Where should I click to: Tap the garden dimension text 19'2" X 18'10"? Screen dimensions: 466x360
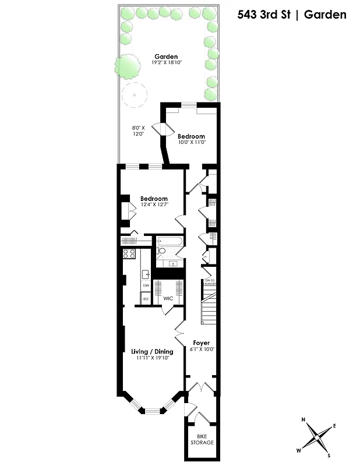click(150, 62)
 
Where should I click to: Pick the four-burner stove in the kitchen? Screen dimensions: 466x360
click(129, 253)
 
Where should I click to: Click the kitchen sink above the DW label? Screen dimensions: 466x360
click(146, 273)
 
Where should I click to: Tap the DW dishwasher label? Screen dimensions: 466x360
click(146, 285)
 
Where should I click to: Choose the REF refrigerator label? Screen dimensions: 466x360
click(146, 298)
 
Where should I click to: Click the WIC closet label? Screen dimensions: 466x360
click(168, 298)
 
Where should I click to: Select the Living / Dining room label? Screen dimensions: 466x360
click(152, 351)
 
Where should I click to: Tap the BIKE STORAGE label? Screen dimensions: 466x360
click(202, 439)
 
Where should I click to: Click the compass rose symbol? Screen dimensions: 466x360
click(317, 437)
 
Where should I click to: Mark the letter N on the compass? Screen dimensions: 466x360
click(303, 420)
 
